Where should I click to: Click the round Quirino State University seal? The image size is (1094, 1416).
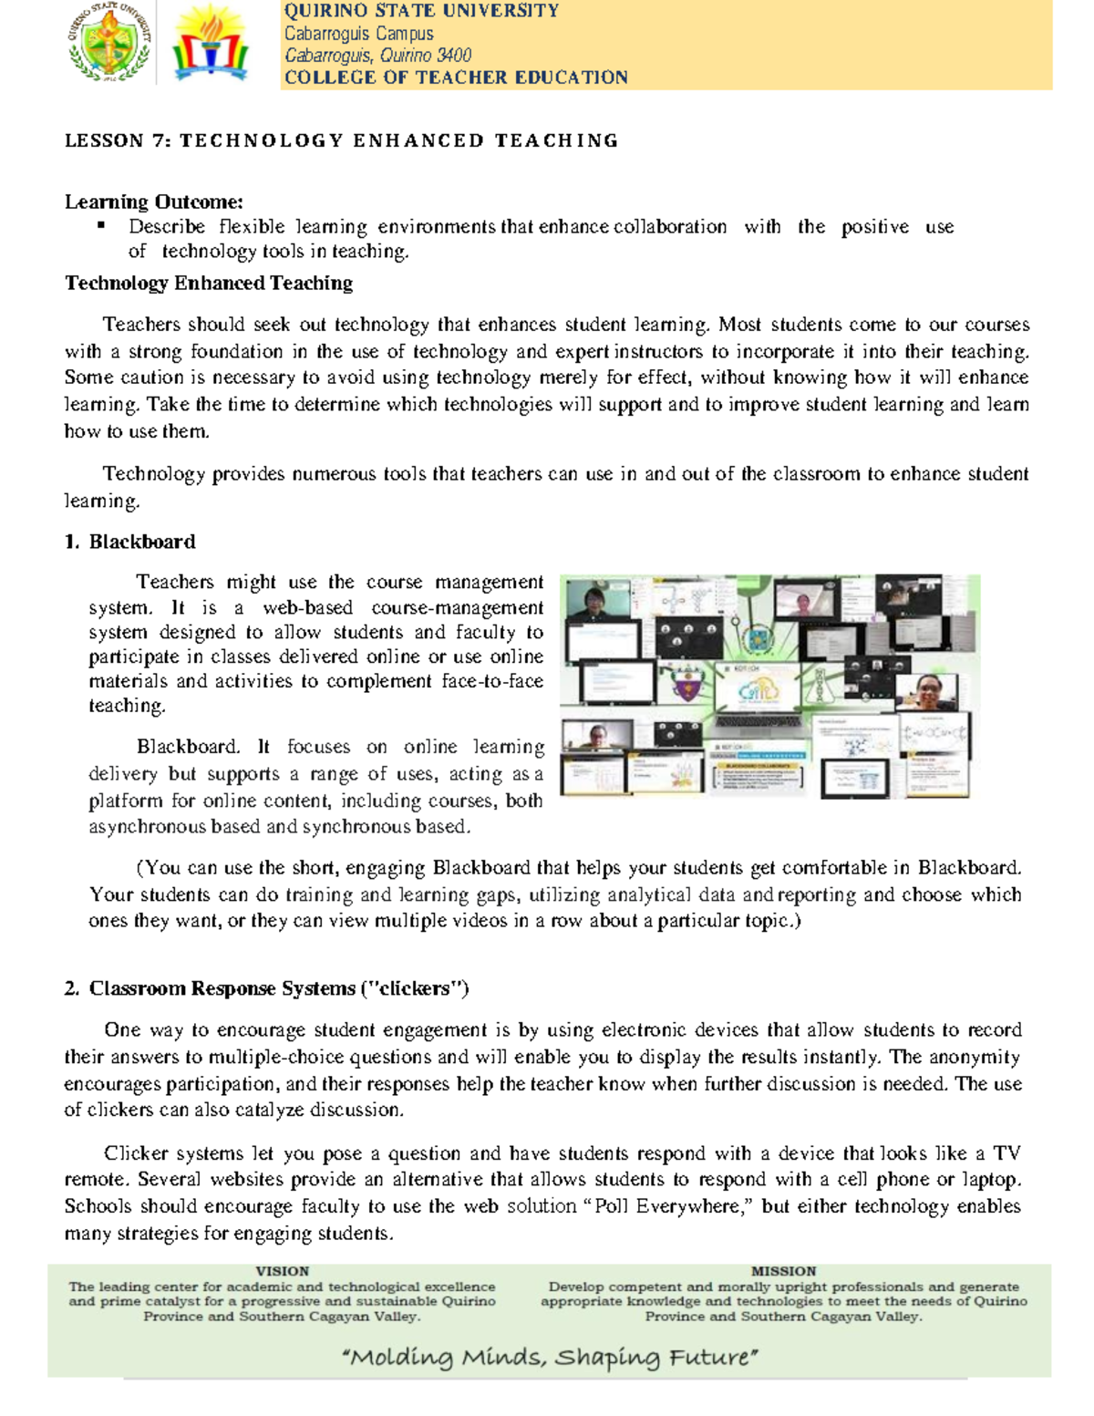point(110,44)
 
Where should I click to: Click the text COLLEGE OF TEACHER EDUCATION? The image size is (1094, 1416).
point(456,78)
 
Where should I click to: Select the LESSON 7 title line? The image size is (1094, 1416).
point(341,140)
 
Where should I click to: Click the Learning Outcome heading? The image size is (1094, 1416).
point(153,202)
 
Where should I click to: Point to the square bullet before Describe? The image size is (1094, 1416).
point(101,224)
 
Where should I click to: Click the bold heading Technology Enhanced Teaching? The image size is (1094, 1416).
point(209,283)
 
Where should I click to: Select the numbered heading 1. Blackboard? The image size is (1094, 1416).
point(129,542)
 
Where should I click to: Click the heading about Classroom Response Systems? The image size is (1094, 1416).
point(266,988)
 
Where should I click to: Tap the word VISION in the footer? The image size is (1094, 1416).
point(282,1270)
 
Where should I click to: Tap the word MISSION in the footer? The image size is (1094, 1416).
point(783,1270)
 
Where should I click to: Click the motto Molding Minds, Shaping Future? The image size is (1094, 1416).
point(550,1358)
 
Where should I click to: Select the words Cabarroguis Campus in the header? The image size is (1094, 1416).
point(358,34)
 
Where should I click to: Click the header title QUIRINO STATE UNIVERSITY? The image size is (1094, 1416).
point(421,11)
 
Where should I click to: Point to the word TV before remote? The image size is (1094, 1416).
point(1006,1152)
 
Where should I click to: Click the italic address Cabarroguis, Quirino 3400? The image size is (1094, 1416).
point(377,56)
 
